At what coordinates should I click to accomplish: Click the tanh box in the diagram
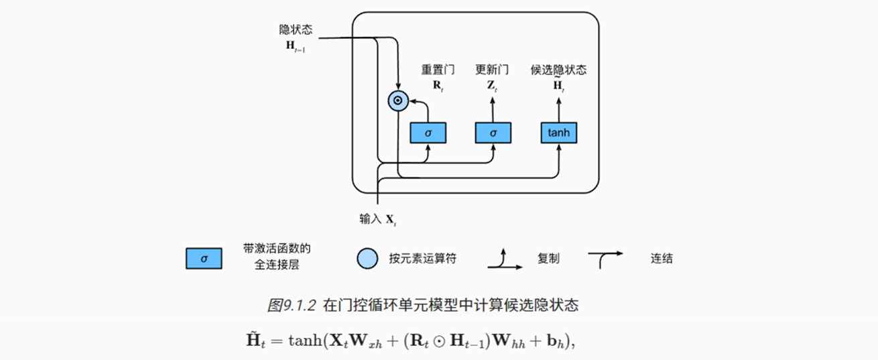pyautogui.click(x=558, y=133)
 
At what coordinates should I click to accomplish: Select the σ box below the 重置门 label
pyautogui.click(x=428, y=133)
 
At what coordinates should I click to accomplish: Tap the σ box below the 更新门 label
pyautogui.click(x=493, y=133)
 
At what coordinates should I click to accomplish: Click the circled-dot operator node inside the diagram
pyautogui.click(x=397, y=101)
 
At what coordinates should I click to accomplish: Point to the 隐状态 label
pyautogui.click(x=296, y=30)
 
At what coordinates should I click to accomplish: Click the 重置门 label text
pyautogui.click(x=438, y=70)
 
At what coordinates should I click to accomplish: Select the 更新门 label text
pyautogui.click(x=492, y=70)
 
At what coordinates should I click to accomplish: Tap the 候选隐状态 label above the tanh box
pyautogui.click(x=558, y=70)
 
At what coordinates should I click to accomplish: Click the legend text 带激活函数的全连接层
pyautogui.click(x=277, y=257)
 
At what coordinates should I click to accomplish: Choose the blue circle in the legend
pyautogui.click(x=368, y=258)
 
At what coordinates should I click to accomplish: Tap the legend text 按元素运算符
pyautogui.click(x=422, y=258)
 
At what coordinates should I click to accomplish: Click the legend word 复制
pyautogui.click(x=548, y=258)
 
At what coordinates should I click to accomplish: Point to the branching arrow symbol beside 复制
pyautogui.click(x=505, y=260)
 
